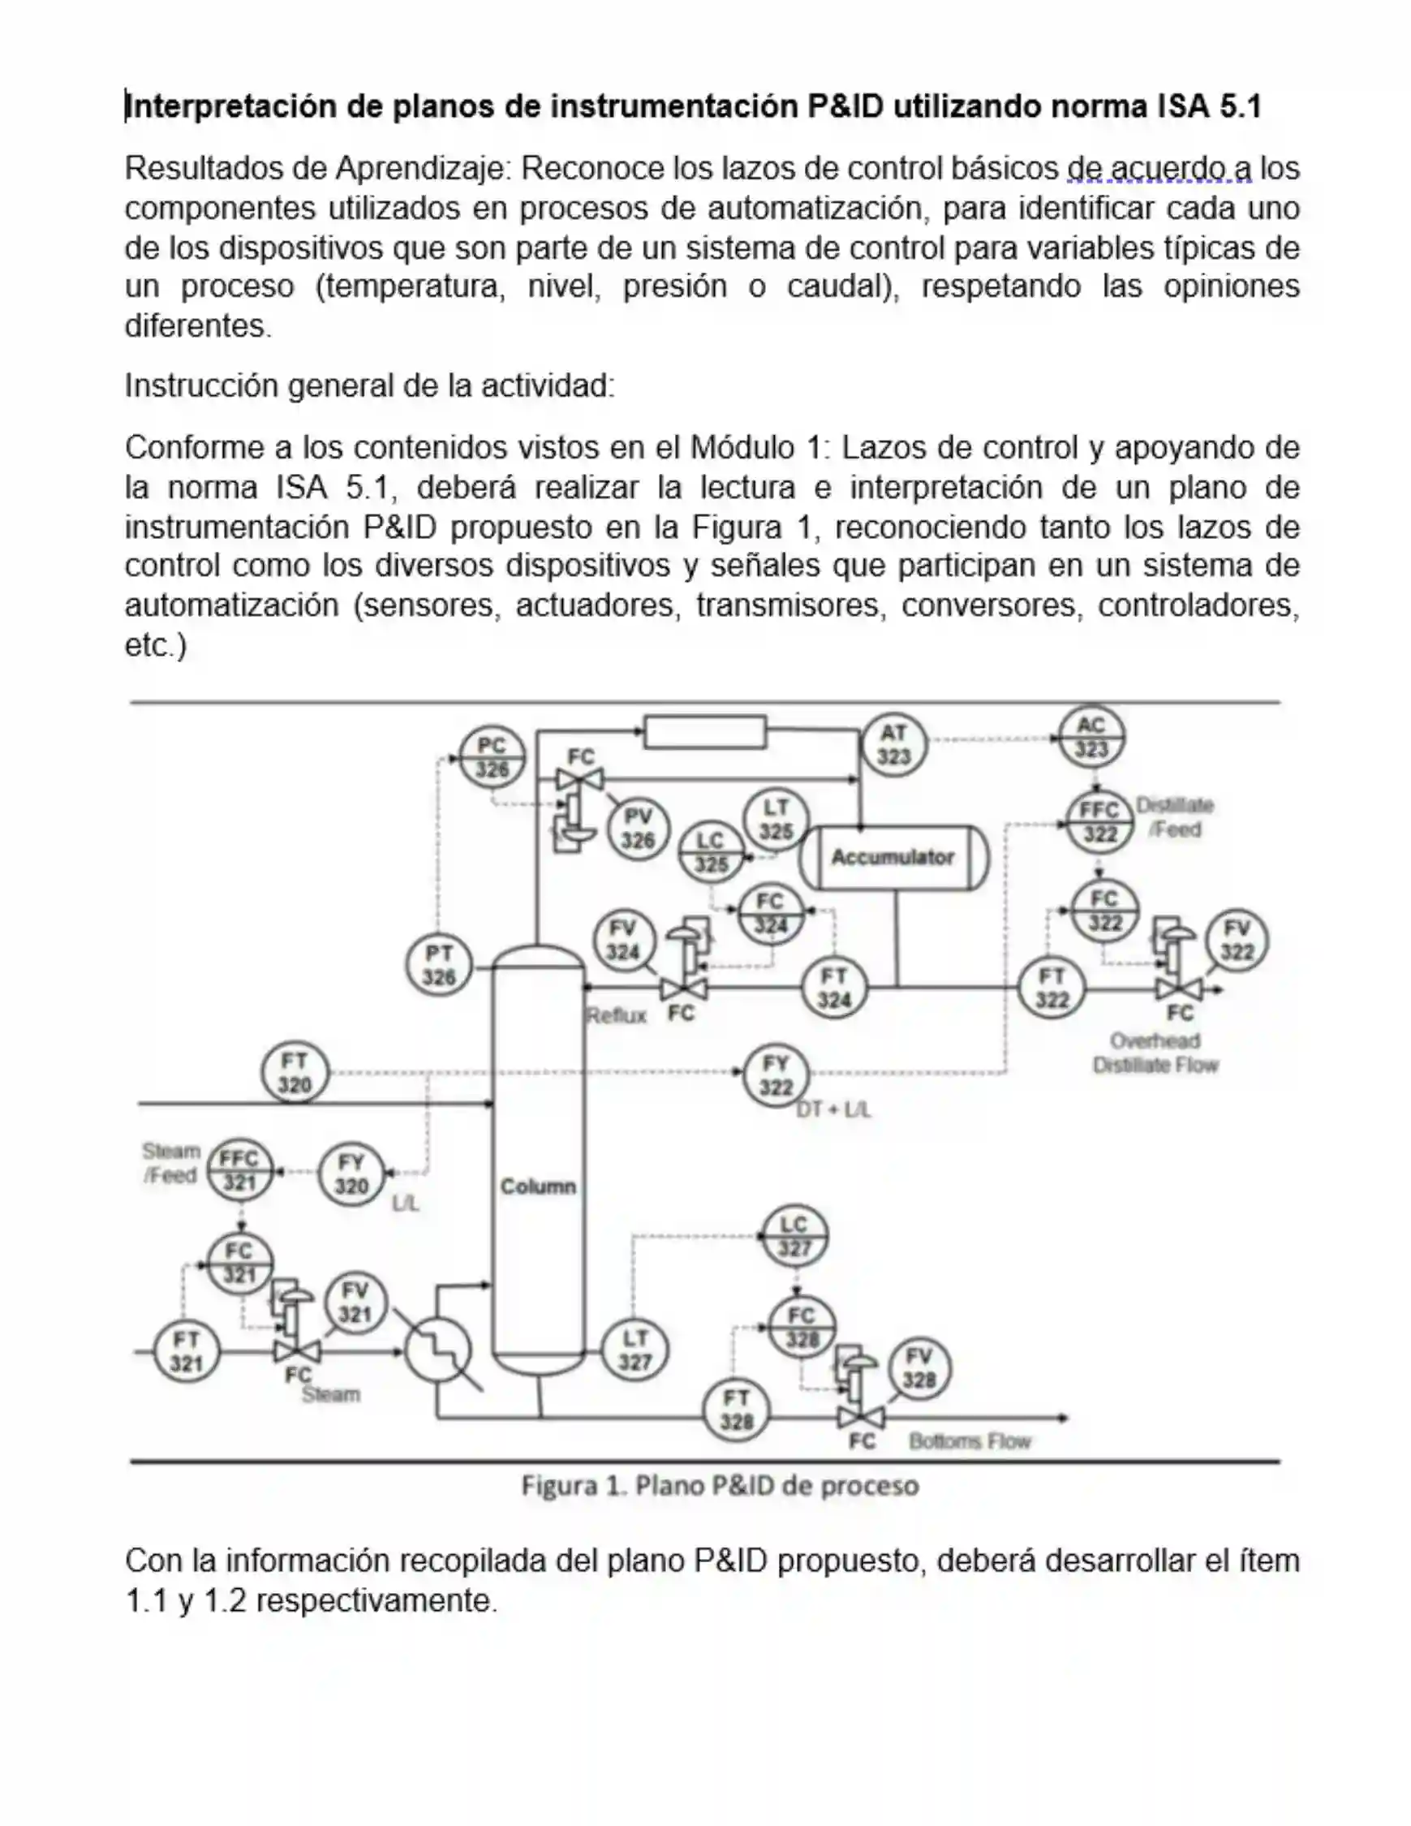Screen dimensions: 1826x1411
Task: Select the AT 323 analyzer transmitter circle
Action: click(x=893, y=744)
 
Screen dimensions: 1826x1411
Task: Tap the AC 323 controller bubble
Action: click(x=1091, y=737)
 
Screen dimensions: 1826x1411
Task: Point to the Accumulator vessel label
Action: click(x=892, y=857)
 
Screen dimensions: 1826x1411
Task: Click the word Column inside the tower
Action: click(x=537, y=1186)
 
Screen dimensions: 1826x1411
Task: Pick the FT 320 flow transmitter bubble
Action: click(x=295, y=1073)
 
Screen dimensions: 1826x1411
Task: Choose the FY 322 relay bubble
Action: click(x=776, y=1075)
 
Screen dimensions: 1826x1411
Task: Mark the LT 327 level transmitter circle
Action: click(x=635, y=1350)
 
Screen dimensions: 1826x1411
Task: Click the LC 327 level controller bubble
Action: click(x=794, y=1237)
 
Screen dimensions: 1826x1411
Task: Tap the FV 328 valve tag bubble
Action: click(x=918, y=1368)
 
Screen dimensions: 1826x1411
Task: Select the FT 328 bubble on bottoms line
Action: click(x=737, y=1410)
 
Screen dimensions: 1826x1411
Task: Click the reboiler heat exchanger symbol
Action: click(x=438, y=1350)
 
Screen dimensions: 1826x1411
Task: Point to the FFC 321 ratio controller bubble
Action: click(x=239, y=1170)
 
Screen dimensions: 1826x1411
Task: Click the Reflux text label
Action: click(x=616, y=1016)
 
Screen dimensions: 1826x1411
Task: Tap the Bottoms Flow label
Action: click(x=970, y=1441)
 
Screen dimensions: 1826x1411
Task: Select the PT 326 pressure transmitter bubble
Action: click(x=439, y=965)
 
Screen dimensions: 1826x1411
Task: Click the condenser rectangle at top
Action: click(x=704, y=731)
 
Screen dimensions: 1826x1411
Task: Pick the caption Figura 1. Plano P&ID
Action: click(x=720, y=1486)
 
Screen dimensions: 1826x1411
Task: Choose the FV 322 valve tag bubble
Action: click(x=1237, y=941)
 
